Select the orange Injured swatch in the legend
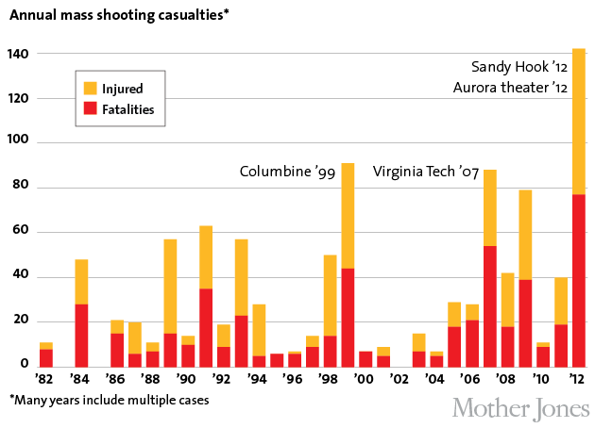90,89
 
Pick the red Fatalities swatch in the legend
90,110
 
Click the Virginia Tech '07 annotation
426,173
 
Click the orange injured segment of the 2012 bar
578,123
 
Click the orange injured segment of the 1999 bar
348,216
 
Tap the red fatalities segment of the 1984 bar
82,336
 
